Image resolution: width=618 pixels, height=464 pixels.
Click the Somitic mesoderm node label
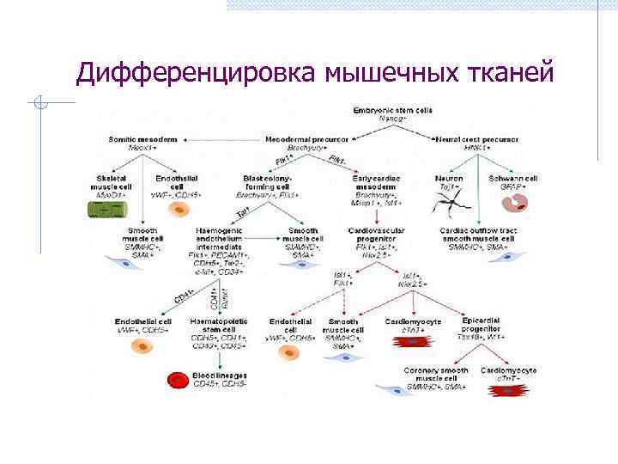(x=143, y=138)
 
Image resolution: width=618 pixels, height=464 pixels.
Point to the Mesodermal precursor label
(x=306, y=138)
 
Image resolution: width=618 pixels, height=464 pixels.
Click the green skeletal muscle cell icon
(x=109, y=208)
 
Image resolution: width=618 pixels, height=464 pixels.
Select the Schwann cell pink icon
(x=518, y=204)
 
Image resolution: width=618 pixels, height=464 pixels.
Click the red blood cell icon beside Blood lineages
(x=179, y=381)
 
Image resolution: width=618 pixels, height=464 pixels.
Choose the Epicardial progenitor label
(x=487, y=326)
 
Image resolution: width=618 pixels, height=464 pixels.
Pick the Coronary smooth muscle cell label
(x=436, y=375)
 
